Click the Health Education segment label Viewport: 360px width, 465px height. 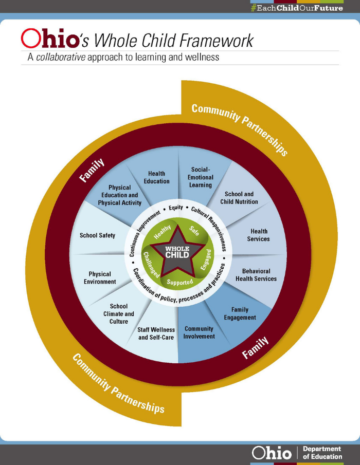(x=157, y=178)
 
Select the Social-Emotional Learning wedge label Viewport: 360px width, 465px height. (x=201, y=177)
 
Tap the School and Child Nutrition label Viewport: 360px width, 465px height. (x=239, y=198)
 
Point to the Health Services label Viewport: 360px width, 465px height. (x=258, y=235)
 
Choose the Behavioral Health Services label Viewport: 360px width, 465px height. (x=256, y=275)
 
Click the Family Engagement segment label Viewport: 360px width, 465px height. (x=240, y=313)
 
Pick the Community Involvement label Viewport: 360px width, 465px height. (x=199, y=332)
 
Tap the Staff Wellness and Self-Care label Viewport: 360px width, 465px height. (x=156, y=333)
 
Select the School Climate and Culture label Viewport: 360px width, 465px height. (x=122, y=314)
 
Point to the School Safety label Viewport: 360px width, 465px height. (x=97, y=236)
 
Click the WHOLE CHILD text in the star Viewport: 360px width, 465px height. (x=177, y=252)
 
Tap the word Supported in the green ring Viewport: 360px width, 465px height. (x=179, y=282)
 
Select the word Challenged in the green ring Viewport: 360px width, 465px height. (x=151, y=264)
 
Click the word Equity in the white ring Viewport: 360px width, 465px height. (x=176, y=208)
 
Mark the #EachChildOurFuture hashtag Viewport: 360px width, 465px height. (x=296, y=8)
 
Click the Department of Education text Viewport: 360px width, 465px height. (x=322, y=453)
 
